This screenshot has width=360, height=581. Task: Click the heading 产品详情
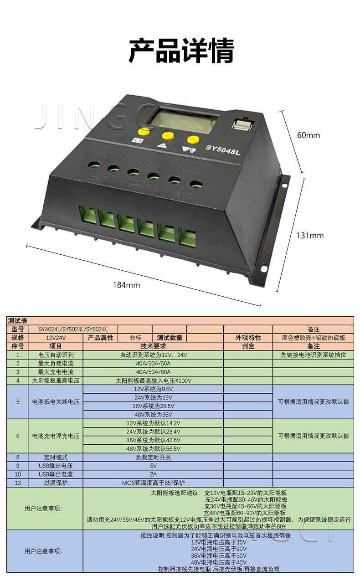point(181,51)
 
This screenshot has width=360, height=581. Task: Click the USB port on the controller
point(242,125)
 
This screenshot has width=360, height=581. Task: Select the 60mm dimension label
point(309,135)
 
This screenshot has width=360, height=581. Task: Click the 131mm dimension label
point(310,236)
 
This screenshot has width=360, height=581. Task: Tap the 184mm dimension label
point(126,285)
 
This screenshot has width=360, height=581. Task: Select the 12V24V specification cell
point(56,338)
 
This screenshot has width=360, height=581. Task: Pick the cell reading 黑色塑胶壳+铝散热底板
point(314,338)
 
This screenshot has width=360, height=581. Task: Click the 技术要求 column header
point(153,346)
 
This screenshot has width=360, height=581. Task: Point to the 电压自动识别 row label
point(56,355)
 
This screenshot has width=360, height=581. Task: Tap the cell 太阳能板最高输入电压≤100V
point(153,380)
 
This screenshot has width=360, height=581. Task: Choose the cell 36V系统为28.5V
point(153,406)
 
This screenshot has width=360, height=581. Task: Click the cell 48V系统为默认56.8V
point(153,448)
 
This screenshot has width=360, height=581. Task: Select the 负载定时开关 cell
point(153,457)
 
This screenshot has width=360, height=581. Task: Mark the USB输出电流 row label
point(56,474)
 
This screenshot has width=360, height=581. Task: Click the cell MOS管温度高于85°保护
point(153,483)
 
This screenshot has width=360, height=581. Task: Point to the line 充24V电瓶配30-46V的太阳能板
point(246,499)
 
